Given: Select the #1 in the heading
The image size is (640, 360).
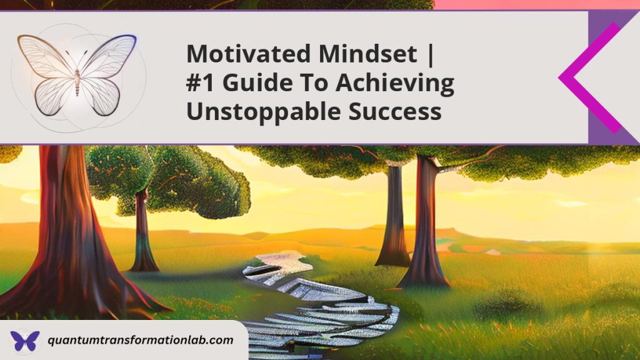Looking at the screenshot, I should point(201,83).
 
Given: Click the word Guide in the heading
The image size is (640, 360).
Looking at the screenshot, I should point(251,83).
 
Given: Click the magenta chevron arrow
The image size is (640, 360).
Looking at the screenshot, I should point(584,77).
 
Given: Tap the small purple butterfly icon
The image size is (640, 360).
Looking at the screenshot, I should point(24,341).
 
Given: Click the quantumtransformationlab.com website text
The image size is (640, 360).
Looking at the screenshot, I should point(140,341).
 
